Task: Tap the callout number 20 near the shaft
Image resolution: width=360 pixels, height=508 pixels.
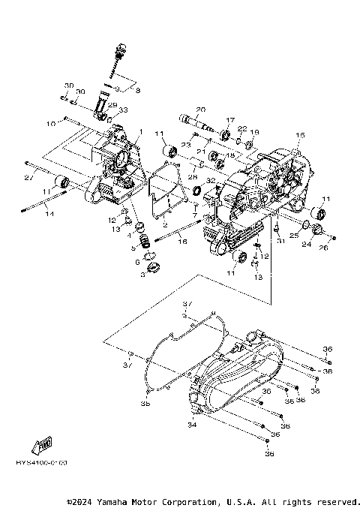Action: [201, 109]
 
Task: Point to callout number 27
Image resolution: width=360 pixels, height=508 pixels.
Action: [28, 177]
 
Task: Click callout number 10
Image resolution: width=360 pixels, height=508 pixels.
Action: [51, 122]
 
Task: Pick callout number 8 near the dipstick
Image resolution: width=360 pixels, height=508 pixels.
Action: [137, 90]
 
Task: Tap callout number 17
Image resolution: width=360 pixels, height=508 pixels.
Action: [230, 120]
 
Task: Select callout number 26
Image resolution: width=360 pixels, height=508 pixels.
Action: [325, 248]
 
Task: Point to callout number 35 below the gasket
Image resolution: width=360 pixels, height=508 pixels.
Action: [145, 403]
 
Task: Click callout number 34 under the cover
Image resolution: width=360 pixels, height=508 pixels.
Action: [192, 425]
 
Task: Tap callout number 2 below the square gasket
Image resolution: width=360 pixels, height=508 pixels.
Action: [164, 224]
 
